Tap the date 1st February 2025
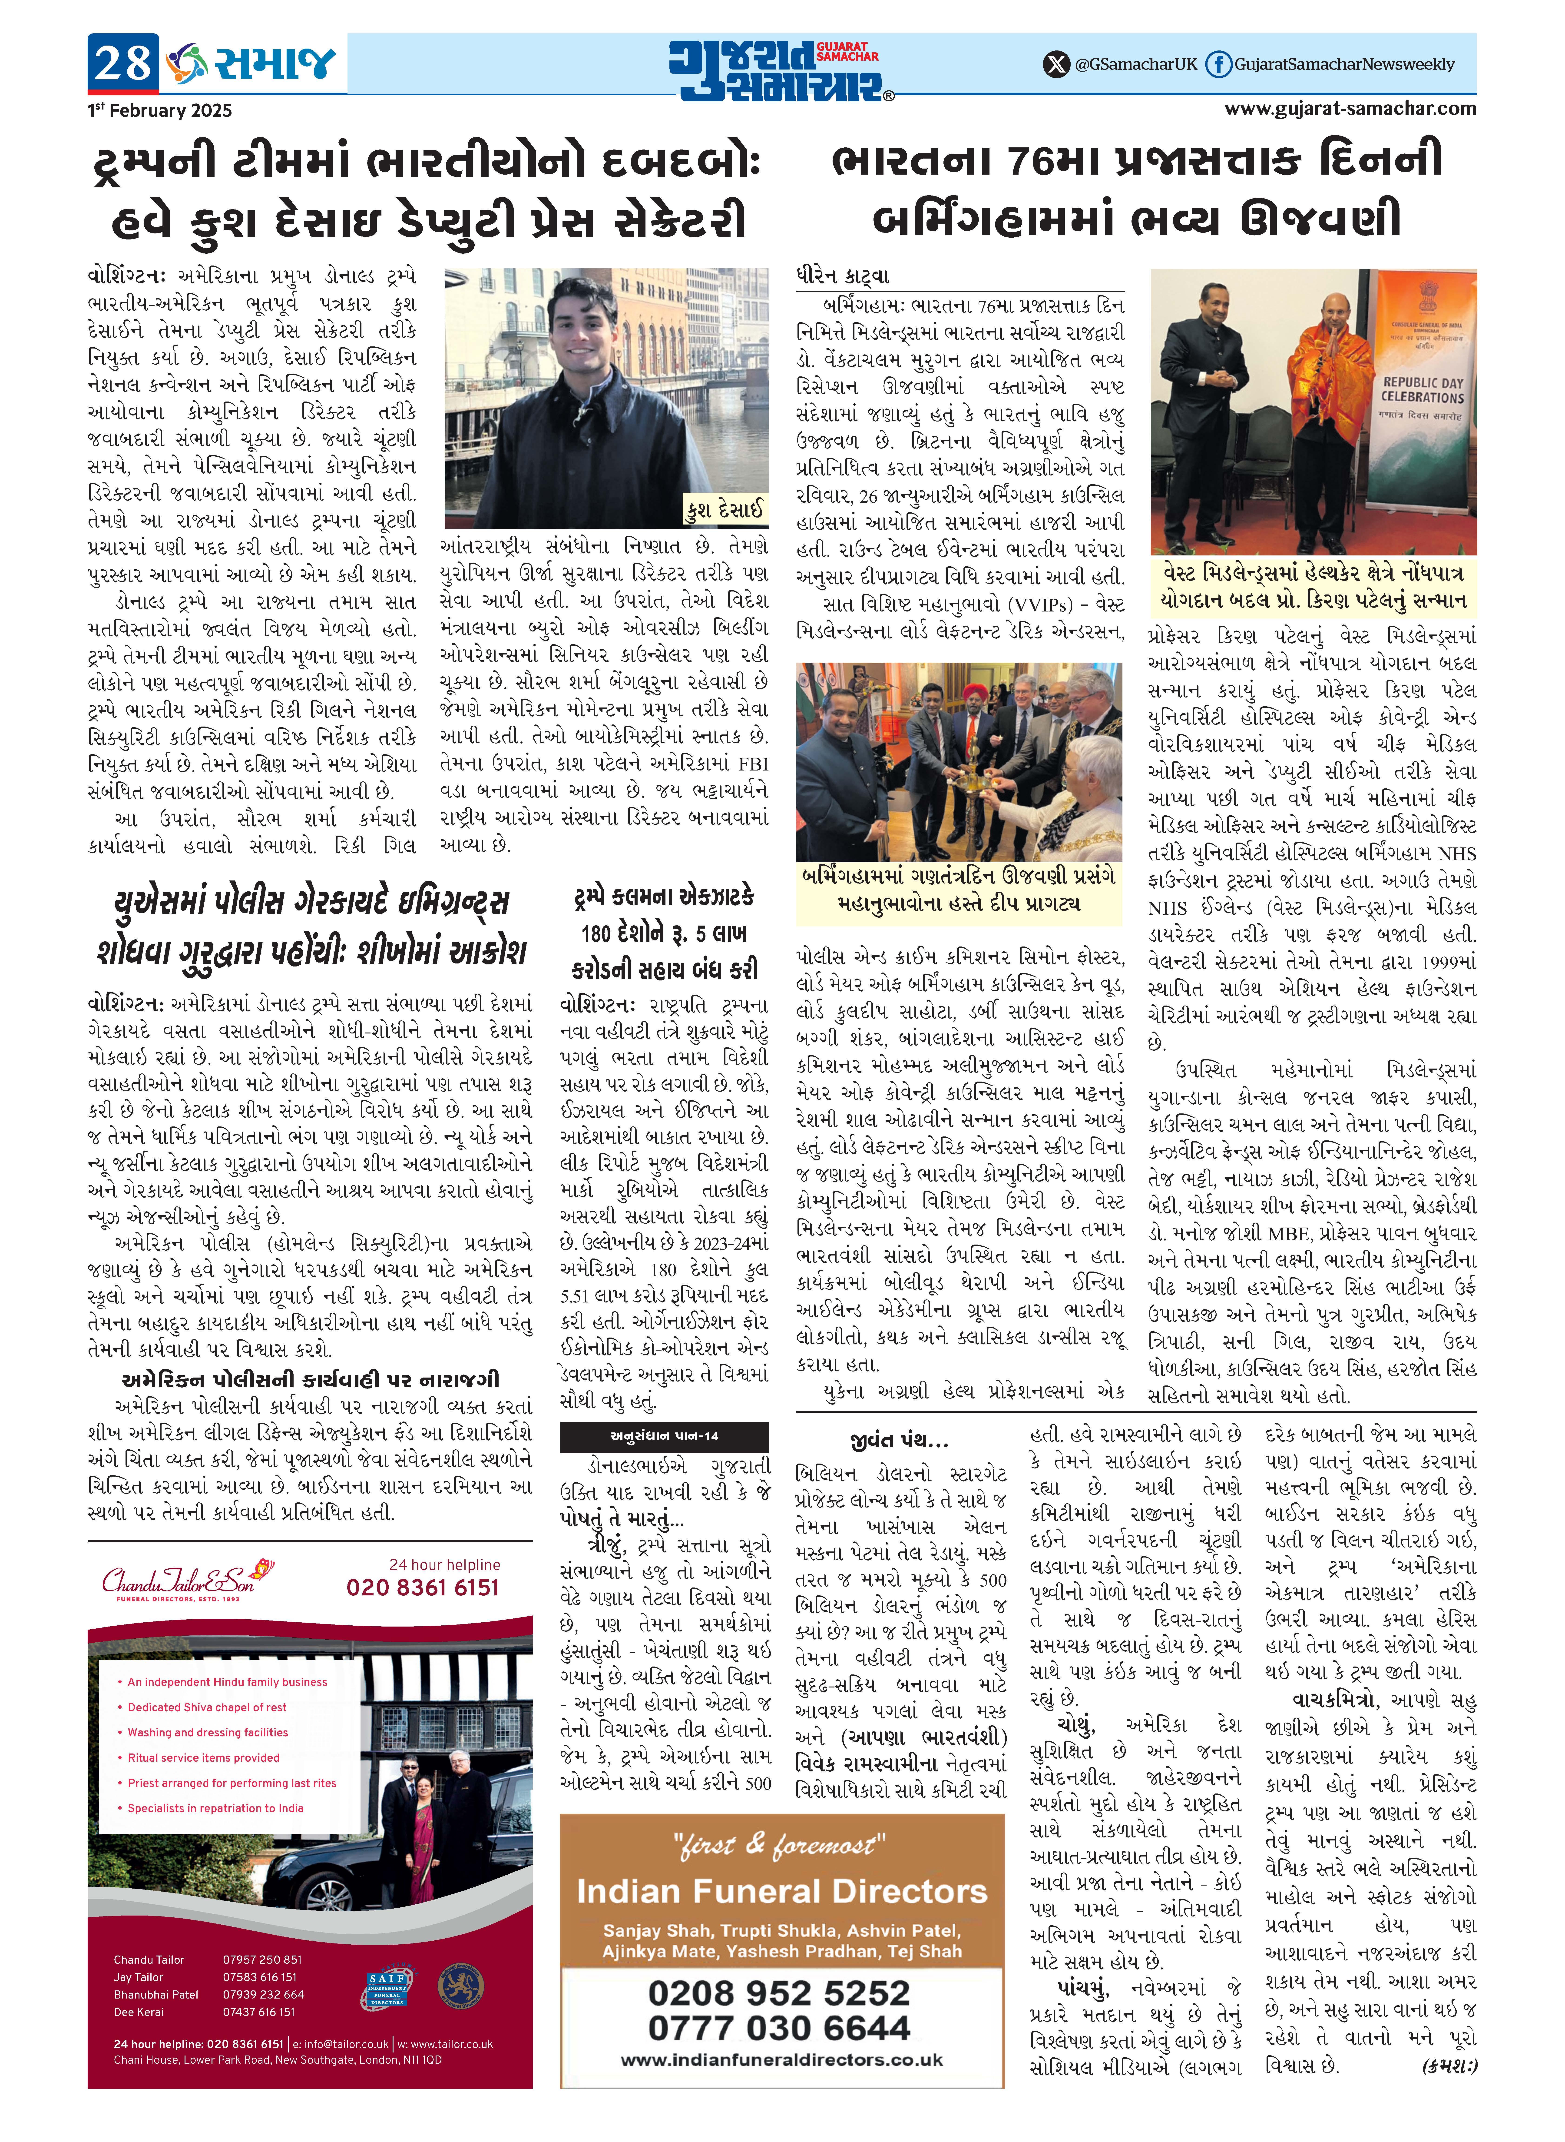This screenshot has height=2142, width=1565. click(x=159, y=110)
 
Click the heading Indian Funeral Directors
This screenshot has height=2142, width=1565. click(x=781, y=1892)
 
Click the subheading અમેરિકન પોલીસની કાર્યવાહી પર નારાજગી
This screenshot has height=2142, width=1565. click(x=310, y=1379)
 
